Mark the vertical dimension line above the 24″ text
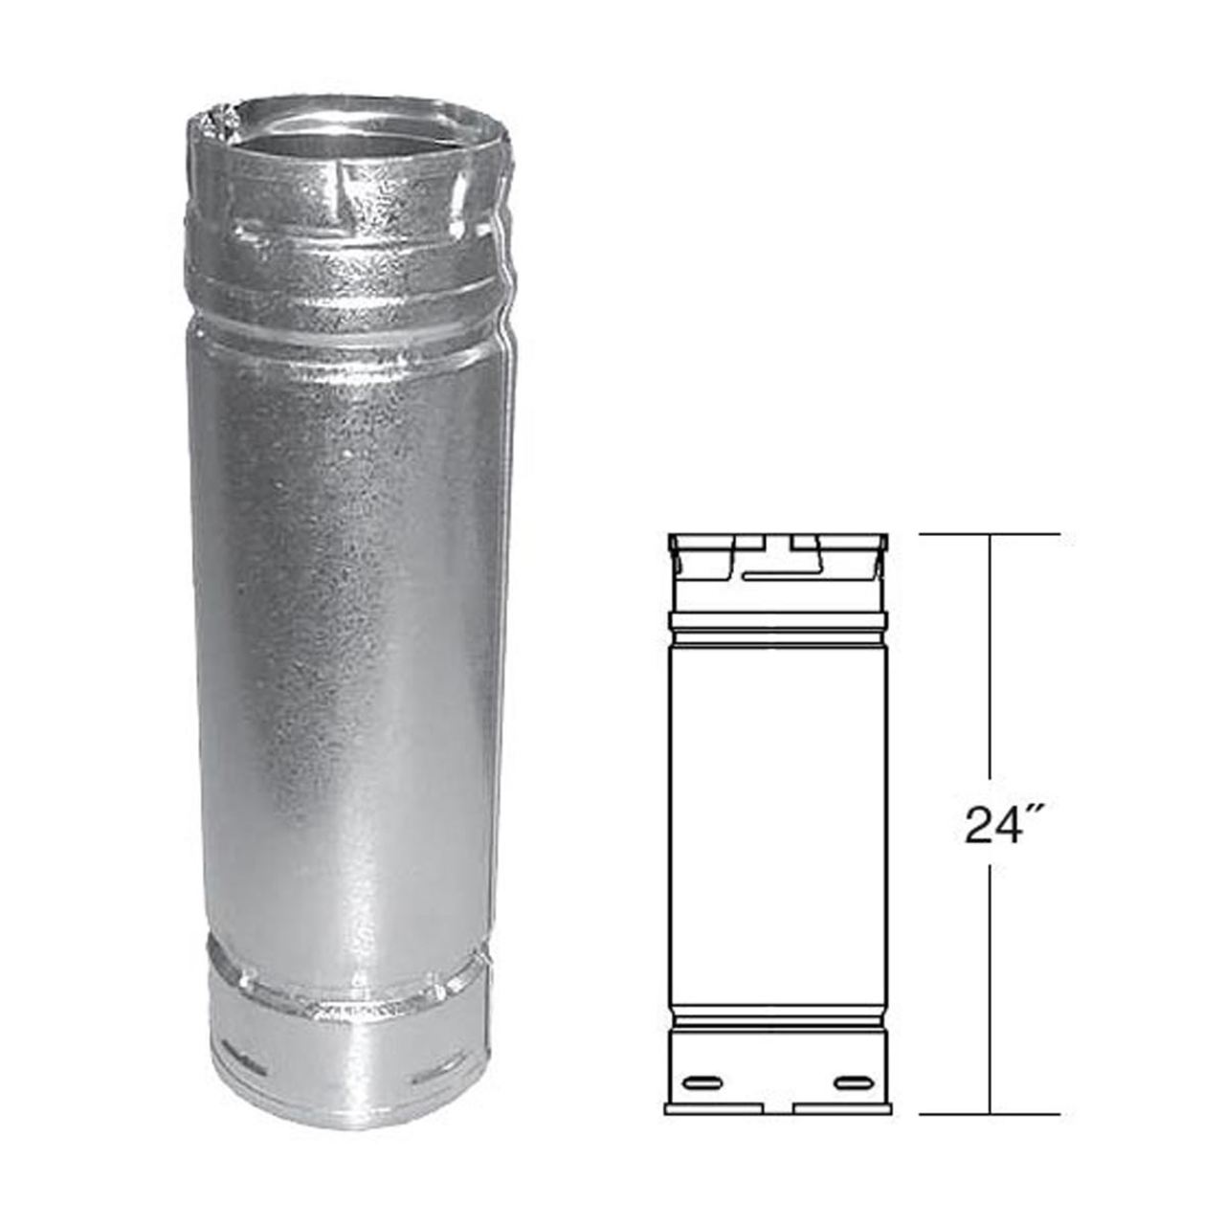990,670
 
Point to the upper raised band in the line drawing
777,621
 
